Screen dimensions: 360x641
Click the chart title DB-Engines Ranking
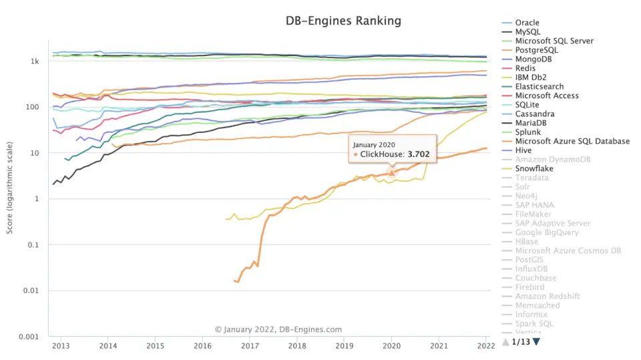pos(343,21)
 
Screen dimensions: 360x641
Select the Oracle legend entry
pos(527,23)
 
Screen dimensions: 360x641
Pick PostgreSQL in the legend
pos(536,50)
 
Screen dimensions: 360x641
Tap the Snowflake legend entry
pos(533,169)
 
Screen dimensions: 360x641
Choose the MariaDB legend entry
pos(531,123)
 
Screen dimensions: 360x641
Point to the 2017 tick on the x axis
pos(250,345)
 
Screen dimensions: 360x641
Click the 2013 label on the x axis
pos(61,345)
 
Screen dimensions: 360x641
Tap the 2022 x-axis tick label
pos(485,345)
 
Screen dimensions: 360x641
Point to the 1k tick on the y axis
pos(34,61)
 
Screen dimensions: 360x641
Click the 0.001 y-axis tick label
pos(29,337)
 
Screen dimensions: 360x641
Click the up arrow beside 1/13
pos(505,342)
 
